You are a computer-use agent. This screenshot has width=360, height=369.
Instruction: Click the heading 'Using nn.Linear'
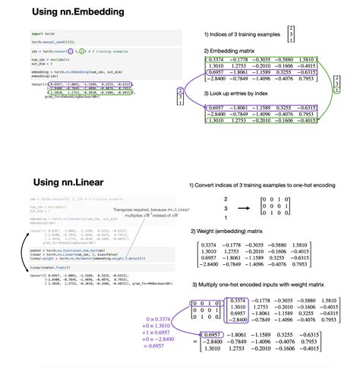pos(52,182)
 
